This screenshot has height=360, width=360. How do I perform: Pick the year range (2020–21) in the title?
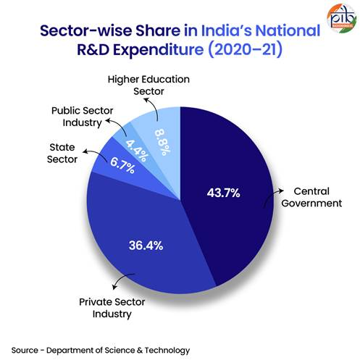coord(252,51)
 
